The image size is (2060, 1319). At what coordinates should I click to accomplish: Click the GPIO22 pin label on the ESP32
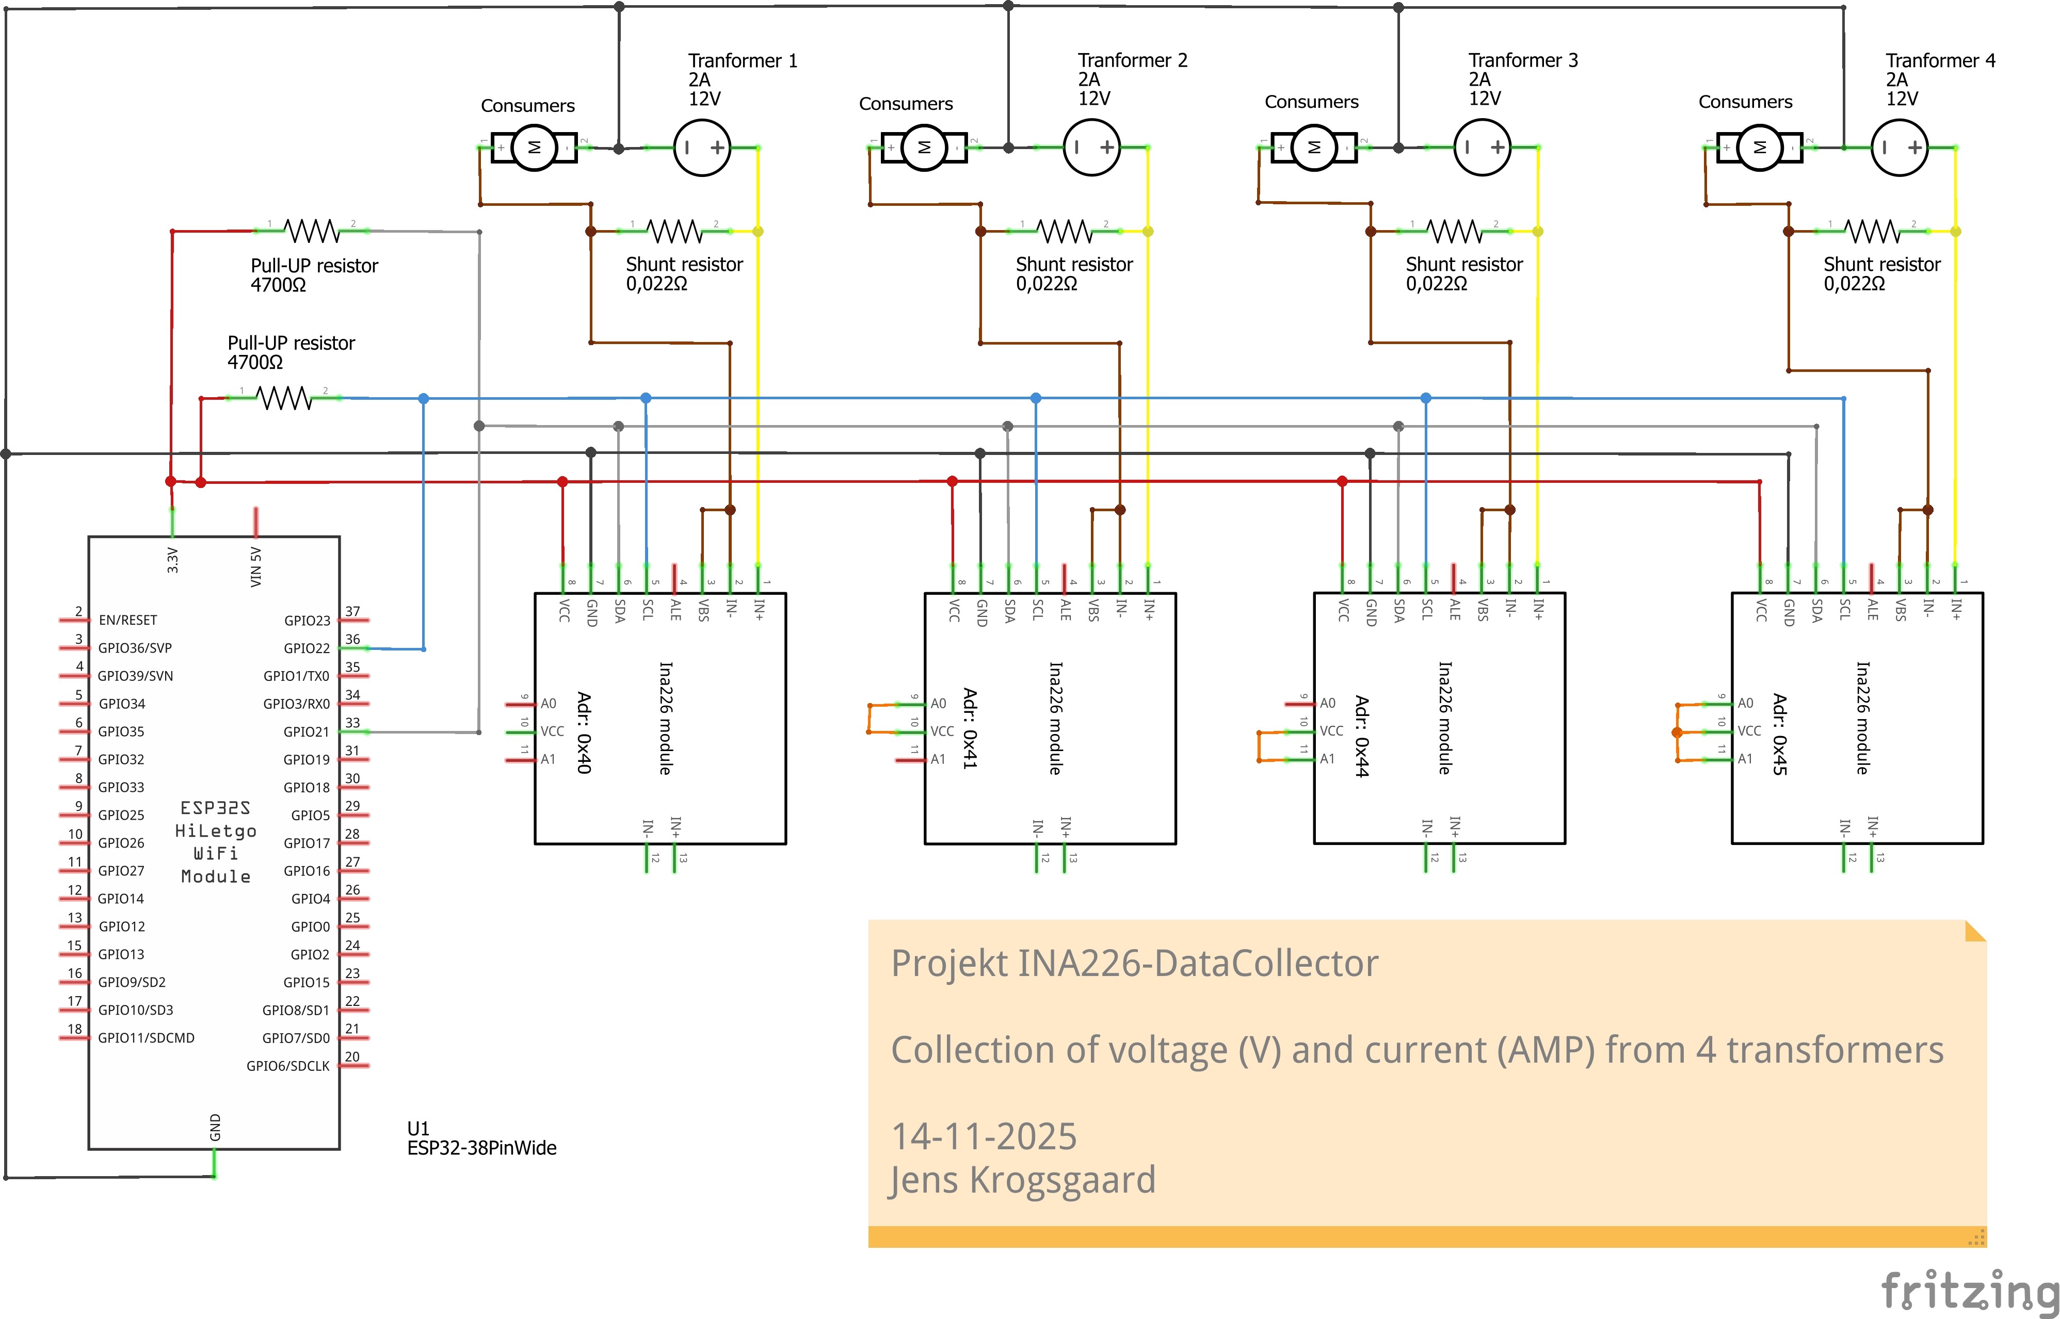(307, 648)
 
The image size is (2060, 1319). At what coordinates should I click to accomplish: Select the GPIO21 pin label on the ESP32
(307, 731)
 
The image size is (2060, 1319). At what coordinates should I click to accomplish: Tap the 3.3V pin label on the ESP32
(172, 560)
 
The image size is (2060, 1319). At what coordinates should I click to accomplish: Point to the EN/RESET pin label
(127, 620)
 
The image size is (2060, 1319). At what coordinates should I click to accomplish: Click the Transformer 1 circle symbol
(702, 148)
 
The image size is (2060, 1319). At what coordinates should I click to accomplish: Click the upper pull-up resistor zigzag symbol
(312, 231)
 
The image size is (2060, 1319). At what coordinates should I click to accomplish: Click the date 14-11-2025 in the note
(984, 1136)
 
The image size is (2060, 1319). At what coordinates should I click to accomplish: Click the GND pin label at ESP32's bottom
(215, 1127)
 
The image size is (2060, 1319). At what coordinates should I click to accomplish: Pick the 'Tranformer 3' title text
(1523, 60)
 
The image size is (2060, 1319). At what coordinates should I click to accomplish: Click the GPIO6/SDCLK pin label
(288, 1066)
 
